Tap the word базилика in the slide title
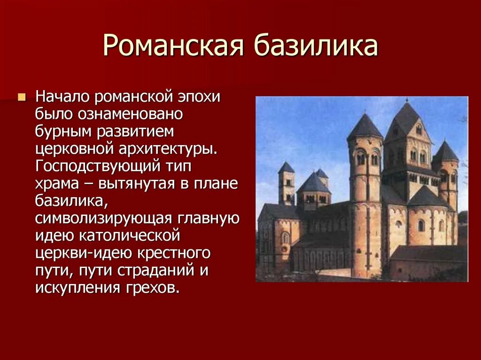(315, 47)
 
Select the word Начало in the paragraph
(62, 98)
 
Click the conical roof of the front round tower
(365, 127)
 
